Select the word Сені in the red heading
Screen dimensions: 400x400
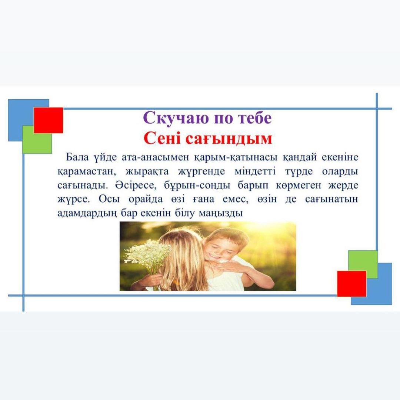[x=163, y=139]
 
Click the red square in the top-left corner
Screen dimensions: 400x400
[x=49, y=120]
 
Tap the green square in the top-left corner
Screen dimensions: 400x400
[x=37, y=140]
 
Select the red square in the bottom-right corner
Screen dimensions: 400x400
[x=351, y=284]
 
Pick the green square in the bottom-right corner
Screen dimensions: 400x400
[x=363, y=264]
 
